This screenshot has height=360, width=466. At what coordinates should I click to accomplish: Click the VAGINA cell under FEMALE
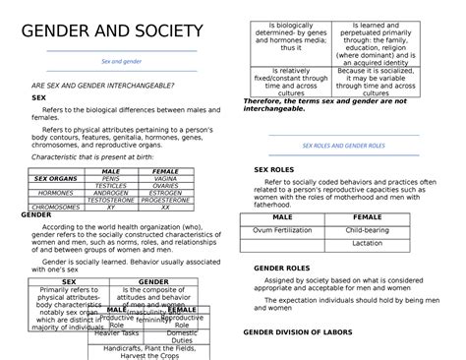pos(165,179)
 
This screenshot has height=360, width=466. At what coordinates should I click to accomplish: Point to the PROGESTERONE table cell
pos(165,201)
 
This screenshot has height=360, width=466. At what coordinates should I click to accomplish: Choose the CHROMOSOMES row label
pos(54,209)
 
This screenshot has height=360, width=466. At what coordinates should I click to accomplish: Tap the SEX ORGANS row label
pos(54,179)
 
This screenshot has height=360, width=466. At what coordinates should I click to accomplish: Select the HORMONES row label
pos(54,193)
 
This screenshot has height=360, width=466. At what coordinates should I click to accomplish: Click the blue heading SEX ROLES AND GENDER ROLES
pos(343,145)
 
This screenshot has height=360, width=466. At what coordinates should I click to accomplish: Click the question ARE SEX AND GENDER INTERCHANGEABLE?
pos(104,87)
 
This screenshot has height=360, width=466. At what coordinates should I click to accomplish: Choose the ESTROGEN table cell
pos(165,193)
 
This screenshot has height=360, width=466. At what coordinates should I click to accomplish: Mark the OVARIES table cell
pos(165,186)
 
